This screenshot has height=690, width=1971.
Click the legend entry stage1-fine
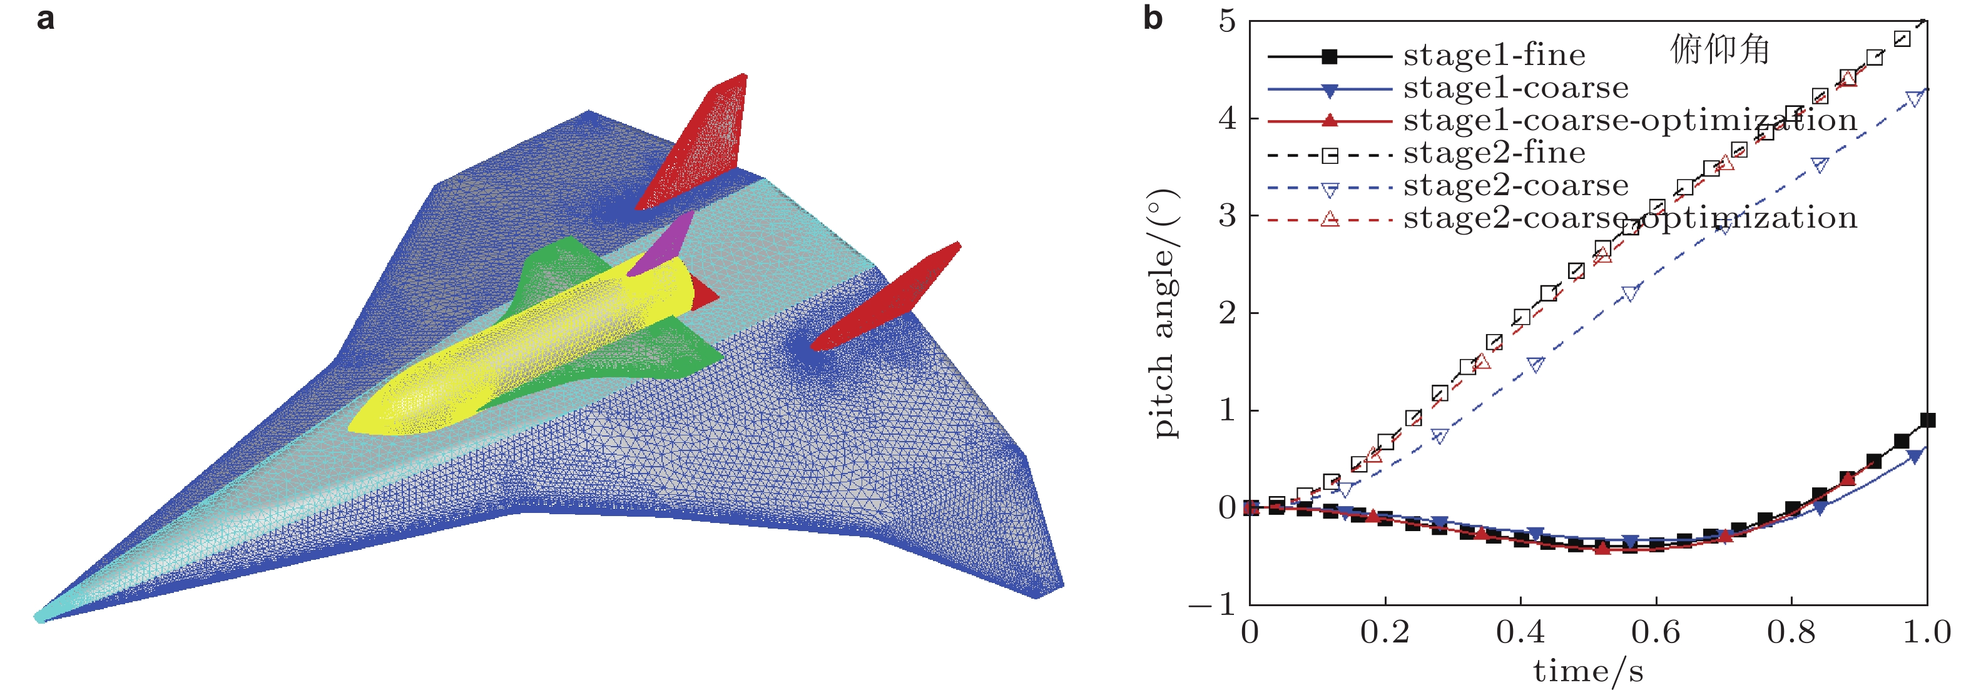1492,55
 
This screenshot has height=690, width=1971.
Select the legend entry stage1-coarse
1515,88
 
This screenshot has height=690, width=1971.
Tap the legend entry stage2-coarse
1515,186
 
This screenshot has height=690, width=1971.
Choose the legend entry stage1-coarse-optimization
1630,121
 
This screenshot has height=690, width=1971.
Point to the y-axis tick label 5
1227,21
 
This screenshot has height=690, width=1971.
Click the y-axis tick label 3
1227,216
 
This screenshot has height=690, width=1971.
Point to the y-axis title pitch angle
1164,313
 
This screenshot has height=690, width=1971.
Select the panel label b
1153,18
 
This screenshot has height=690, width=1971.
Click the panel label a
45,18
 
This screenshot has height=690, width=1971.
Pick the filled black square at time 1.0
1927,420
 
